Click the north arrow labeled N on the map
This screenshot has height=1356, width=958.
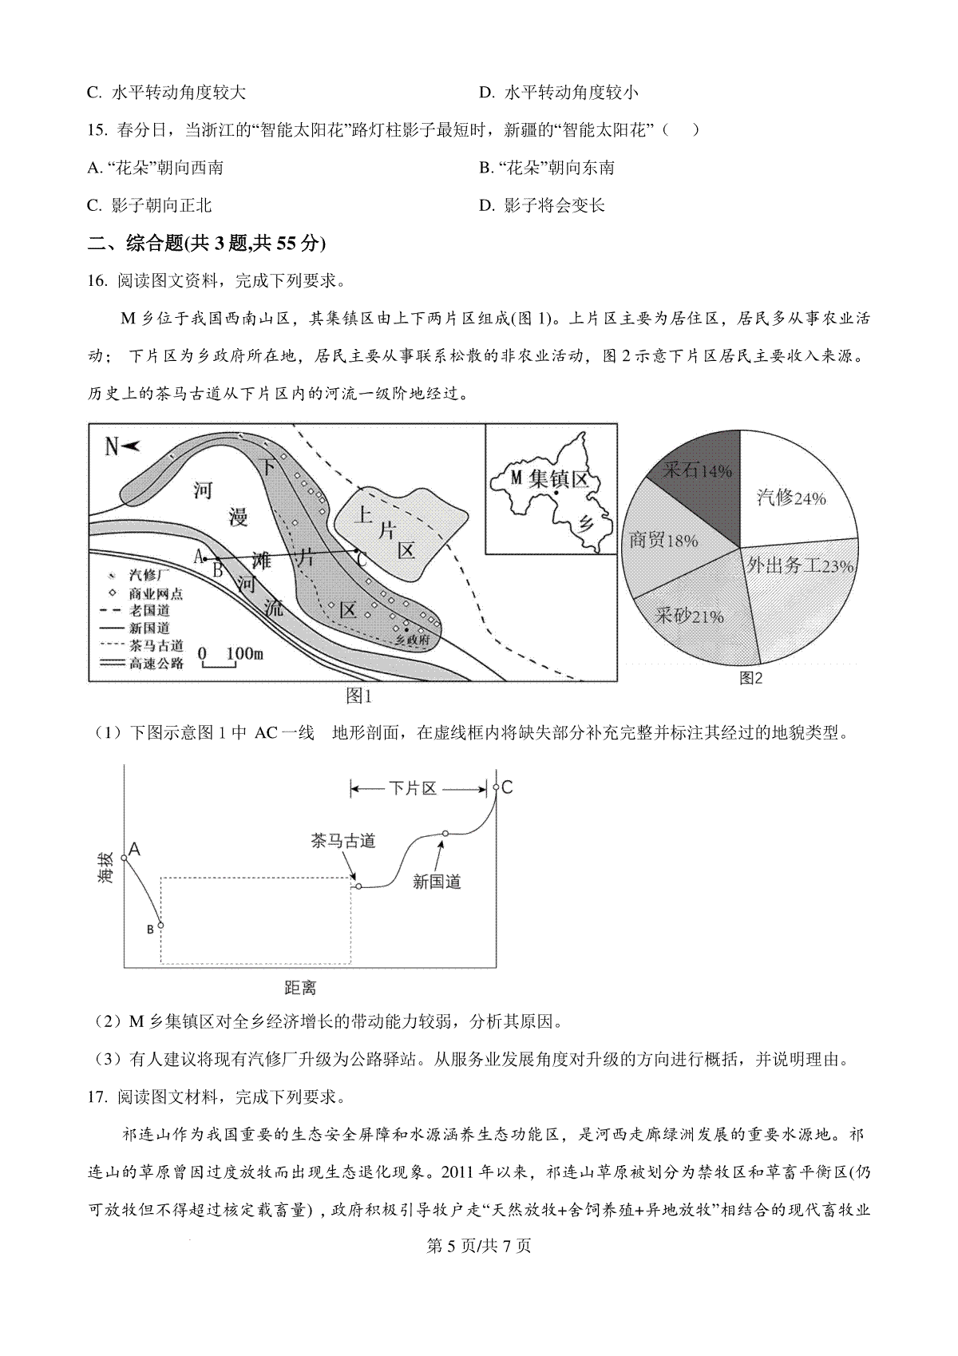[121, 446]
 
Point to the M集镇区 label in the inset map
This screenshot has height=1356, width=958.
[549, 479]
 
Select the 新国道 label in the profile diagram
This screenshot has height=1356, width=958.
[437, 882]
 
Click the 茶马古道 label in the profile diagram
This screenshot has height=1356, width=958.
[343, 841]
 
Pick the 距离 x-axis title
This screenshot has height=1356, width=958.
[300, 988]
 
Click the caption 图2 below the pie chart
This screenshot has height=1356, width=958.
[751, 678]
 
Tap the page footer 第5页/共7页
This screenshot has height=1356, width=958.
[479, 1246]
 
